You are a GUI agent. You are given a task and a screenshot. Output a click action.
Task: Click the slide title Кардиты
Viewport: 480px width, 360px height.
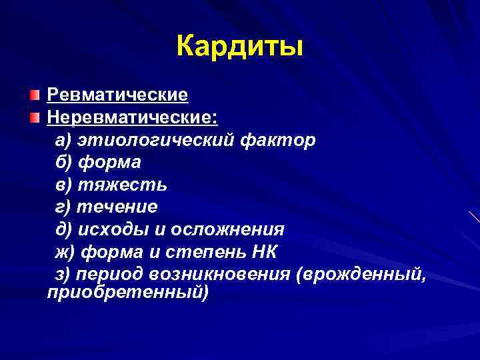(x=240, y=47)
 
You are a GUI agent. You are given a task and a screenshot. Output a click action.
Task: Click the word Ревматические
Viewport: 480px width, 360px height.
(x=117, y=95)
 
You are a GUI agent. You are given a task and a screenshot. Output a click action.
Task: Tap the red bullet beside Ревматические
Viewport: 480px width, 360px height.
(x=34, y=95)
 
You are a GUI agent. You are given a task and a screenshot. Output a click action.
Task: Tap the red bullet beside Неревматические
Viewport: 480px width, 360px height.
(x=34, y=118)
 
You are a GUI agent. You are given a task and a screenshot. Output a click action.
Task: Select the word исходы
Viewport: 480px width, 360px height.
(x=114, y=229)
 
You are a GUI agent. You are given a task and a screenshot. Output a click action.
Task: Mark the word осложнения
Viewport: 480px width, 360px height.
(x=227, y=229)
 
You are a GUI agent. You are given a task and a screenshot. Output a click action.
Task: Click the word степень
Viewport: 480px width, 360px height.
(x=208, y=252)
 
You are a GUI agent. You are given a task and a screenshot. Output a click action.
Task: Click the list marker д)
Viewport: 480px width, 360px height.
(x=64, y=229)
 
